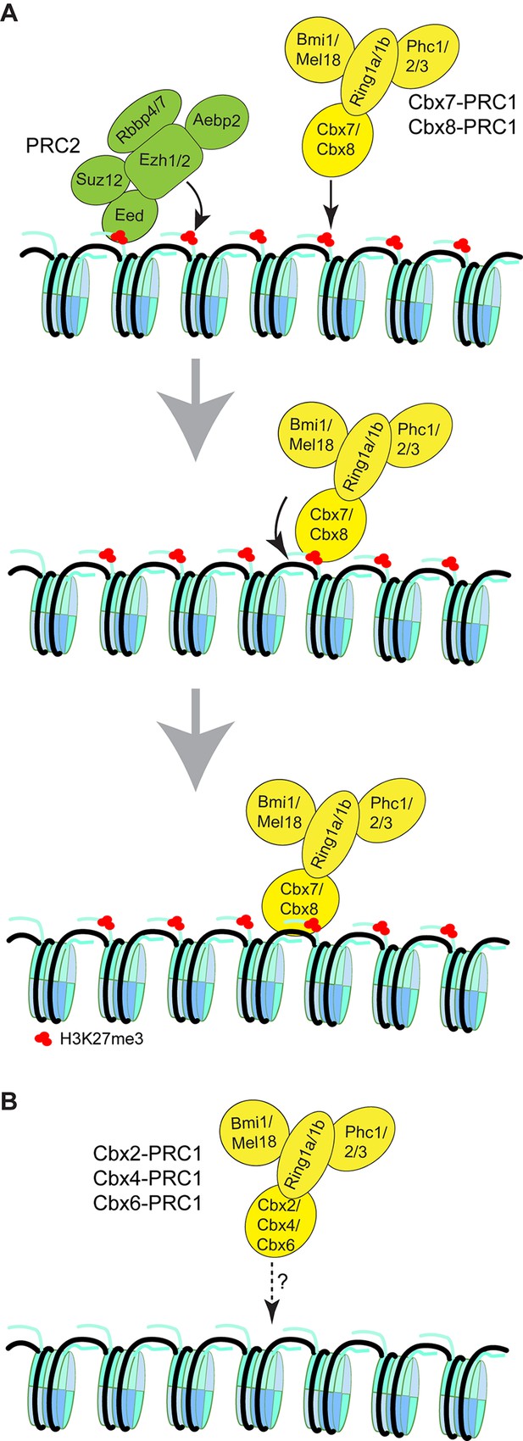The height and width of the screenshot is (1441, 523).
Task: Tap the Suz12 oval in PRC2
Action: point(99,180)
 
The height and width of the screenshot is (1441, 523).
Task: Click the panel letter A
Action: point(9,14)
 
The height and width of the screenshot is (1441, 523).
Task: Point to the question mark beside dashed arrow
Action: point(282,1282)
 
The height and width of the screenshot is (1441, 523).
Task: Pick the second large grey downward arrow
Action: point(197,738)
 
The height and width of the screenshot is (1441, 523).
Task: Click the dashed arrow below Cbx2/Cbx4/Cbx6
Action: point(273,1288)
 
